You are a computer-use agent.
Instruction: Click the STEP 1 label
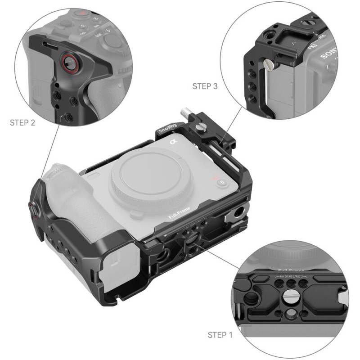point(220,335)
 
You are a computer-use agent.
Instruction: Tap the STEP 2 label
point(22,122)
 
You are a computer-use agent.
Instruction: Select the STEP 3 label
point(205,86)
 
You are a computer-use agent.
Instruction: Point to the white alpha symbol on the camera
point(172,143)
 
